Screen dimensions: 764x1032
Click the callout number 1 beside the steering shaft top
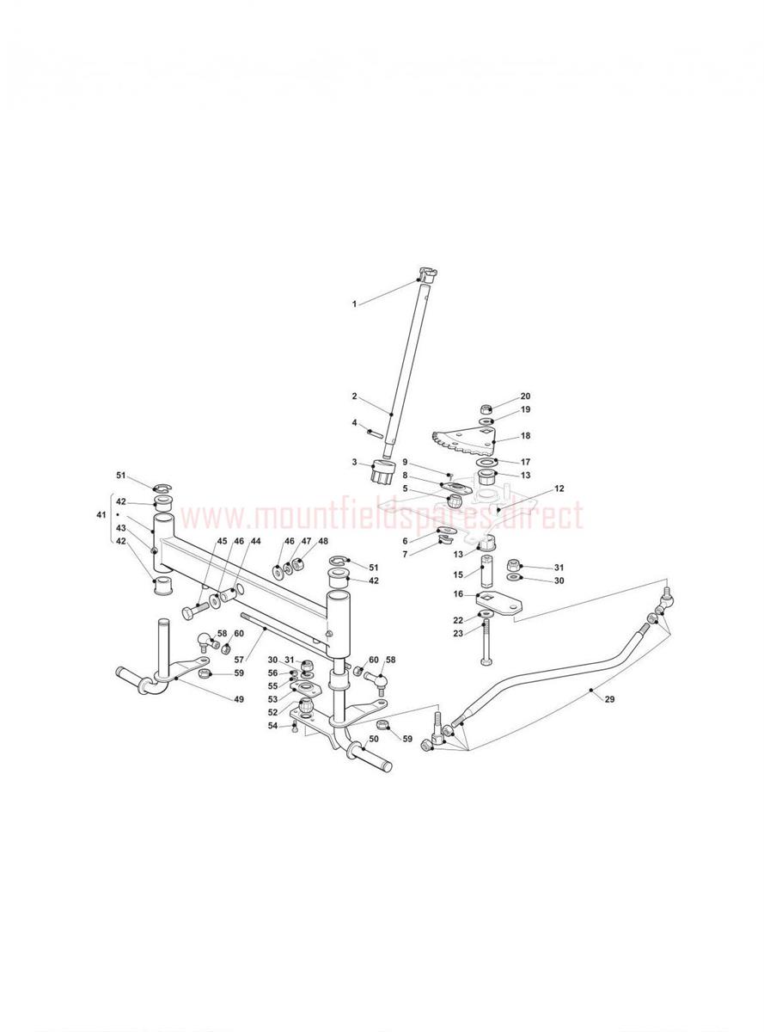pyautogui.click(x=354, y=304)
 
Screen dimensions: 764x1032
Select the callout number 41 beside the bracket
pyautogui.click(x=101, y=515)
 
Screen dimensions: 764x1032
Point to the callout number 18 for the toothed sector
pyautogui.click(x=525, y=436)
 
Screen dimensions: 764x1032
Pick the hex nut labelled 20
pyautogui.click(x=486, y=409)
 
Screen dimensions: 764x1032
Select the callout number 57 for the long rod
pyautogui.click(x=239, y=660)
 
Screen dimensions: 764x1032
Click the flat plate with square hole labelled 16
pyautogui.click(x=499, y=603)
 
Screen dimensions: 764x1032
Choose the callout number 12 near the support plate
pyautogui.click(x=559, y=488)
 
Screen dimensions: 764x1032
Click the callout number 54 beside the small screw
pyautogui.click(x=273, y=725)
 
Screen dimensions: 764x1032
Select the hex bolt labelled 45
pyautogui.click(x=196, y=610)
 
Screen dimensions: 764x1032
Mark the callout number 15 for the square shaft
pyautogui.click(x=458, y=575)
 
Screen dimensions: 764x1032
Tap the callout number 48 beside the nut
pyautogui.click(x=323, y=541)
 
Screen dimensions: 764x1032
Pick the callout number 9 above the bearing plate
pyautogui.click(x=405, y=462)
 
